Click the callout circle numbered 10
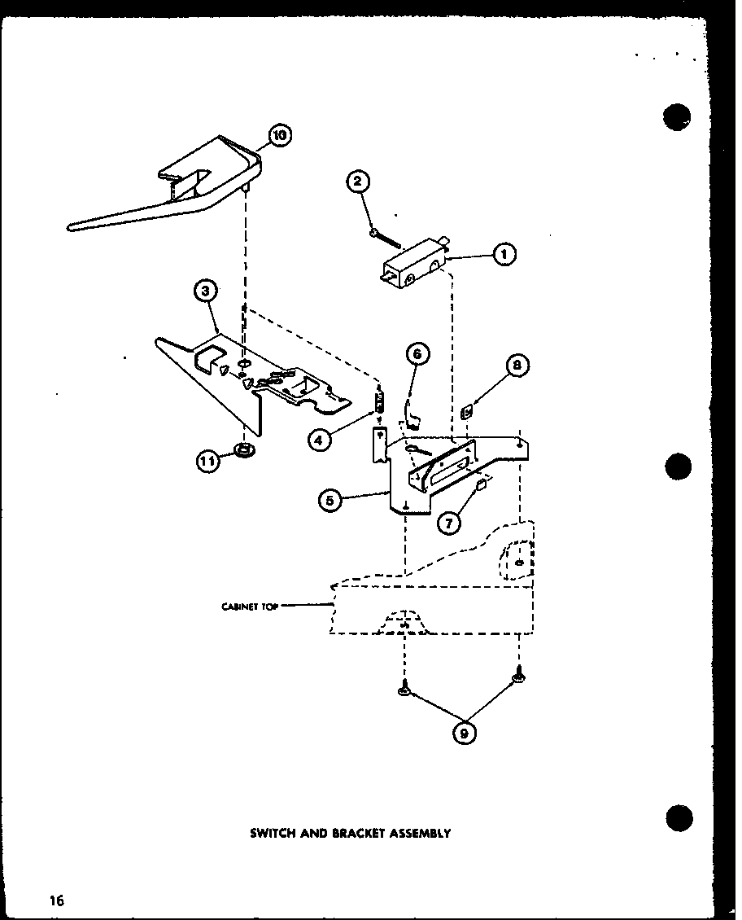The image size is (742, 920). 278,136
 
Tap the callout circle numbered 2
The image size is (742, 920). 358,182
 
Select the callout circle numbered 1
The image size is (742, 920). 504,256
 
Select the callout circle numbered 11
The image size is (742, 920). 209,462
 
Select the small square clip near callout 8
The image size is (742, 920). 467,414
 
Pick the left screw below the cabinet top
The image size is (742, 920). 403,690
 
